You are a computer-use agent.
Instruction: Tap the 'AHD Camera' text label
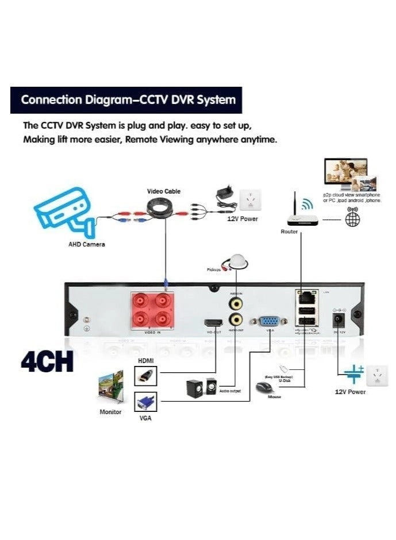(x=87, y=245)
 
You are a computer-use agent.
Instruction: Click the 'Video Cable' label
(x=164, y=191)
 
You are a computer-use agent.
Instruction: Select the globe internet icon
(x=353, y=219)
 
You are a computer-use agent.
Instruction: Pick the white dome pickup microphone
(x=236, y=261)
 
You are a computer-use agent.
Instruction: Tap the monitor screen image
(x=110, y=385)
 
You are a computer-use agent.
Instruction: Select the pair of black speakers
(x=201, y=388)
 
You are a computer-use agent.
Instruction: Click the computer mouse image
(x=265, y=388)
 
